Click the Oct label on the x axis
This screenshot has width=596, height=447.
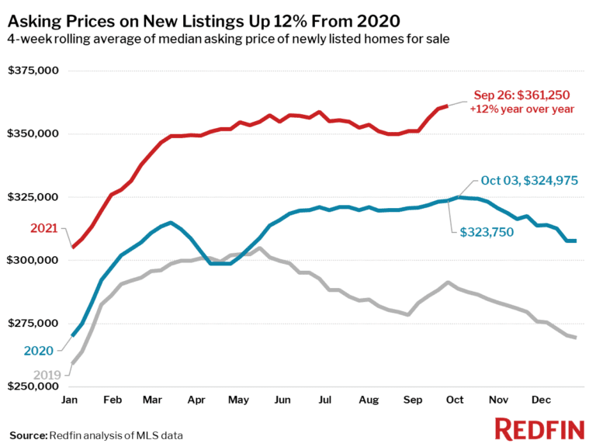click(x=454, y=400)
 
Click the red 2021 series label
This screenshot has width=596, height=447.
click(x=43, y=228)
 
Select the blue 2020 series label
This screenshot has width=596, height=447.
click(x=38, y=351)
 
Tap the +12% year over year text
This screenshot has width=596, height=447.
click(x=521, y=109)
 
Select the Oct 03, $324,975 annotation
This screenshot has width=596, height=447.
click(x=529, y=181)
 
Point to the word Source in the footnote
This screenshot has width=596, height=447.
click(x=28, y=435)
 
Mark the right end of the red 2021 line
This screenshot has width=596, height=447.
click(x=445, y=106)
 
